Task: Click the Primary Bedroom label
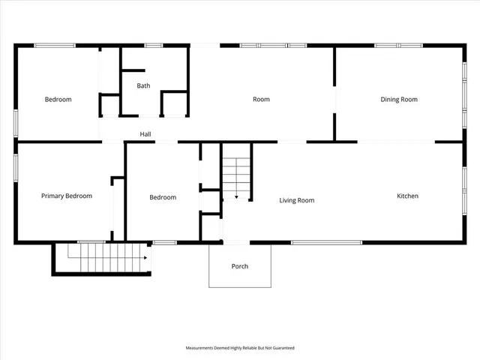(66, 196)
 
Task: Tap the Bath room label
(143, 85)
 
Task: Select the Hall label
(146, 135)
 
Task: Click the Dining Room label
(399, 100)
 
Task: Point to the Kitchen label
(407, 196)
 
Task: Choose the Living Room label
(296, 200)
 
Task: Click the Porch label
(240, 266)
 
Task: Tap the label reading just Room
(261, 100)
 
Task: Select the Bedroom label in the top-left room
(58, 100)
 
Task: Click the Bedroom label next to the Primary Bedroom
(163, 198)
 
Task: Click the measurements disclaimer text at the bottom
(240, 348)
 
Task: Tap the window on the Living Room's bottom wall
(326, 242)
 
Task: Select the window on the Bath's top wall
(154, 46)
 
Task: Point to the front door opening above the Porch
(236, 242)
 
